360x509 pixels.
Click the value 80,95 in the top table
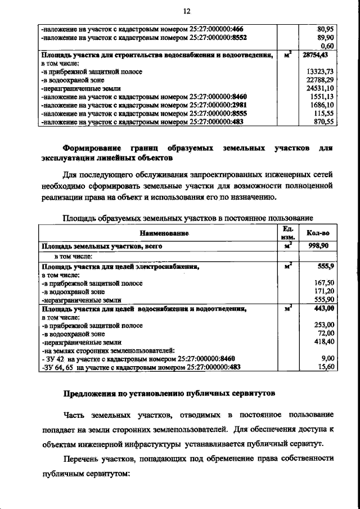click(326, 28)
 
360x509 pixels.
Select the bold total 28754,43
click(318, 55)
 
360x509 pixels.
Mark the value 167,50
click(325, 283)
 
